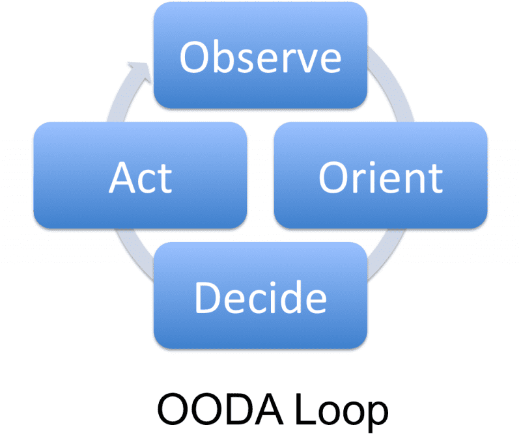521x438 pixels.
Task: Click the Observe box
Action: pos(260,55)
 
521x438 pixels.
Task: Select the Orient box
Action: pos(380,176)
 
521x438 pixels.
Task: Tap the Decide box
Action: pos(260,296)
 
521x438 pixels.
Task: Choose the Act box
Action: pos(140,176)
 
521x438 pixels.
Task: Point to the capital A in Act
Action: pos(124,177)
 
